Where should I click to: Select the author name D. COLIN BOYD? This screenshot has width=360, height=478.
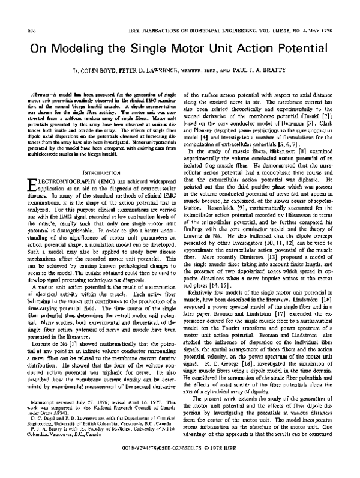[99, 70]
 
